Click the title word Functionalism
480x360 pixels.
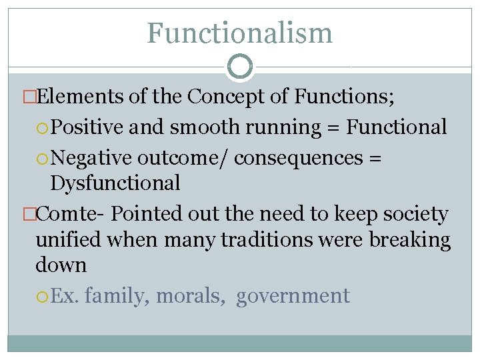click(239, 33)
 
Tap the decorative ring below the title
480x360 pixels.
click(240, 67)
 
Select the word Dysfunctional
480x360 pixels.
click(115, 183)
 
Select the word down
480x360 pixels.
click(61, 265)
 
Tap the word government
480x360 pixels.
click(293, 295)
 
